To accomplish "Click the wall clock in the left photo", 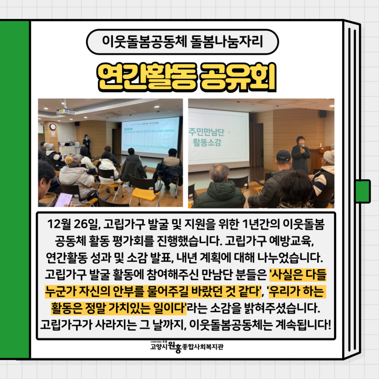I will (x=53, y=127).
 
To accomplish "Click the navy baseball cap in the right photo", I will (x=283, y=157).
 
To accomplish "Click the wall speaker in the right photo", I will (x=323, y=113).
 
